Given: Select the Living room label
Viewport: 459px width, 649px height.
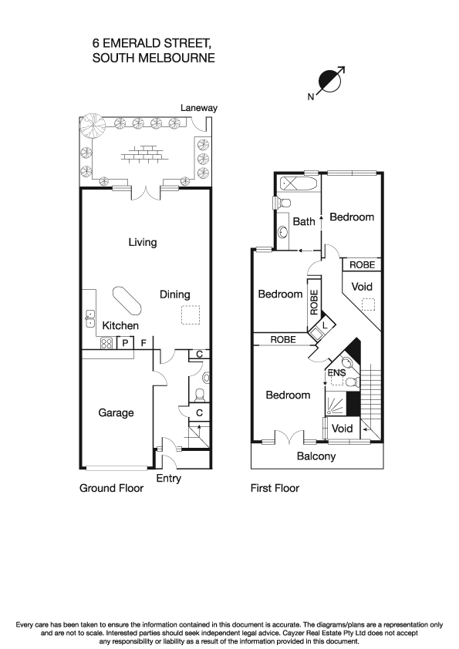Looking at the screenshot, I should coord(143,242).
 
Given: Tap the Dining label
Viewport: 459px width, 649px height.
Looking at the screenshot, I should coord(174,294).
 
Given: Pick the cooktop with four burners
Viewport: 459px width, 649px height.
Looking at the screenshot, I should coord(106,344).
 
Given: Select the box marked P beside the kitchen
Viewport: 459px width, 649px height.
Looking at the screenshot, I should coord(125,344).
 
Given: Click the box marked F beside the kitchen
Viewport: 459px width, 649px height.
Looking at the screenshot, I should coord(143,344).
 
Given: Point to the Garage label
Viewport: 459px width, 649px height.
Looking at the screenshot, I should coord(116,412).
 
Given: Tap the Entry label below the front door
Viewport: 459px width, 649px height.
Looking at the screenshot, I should coord(169,479).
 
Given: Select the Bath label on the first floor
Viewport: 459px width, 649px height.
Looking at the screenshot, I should coord(304,222).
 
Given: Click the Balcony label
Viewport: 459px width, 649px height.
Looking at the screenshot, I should coord(316,456).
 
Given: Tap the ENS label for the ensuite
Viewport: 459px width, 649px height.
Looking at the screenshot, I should coord(336,374).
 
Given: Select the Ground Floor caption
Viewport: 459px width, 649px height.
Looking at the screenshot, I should coord(112,488).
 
